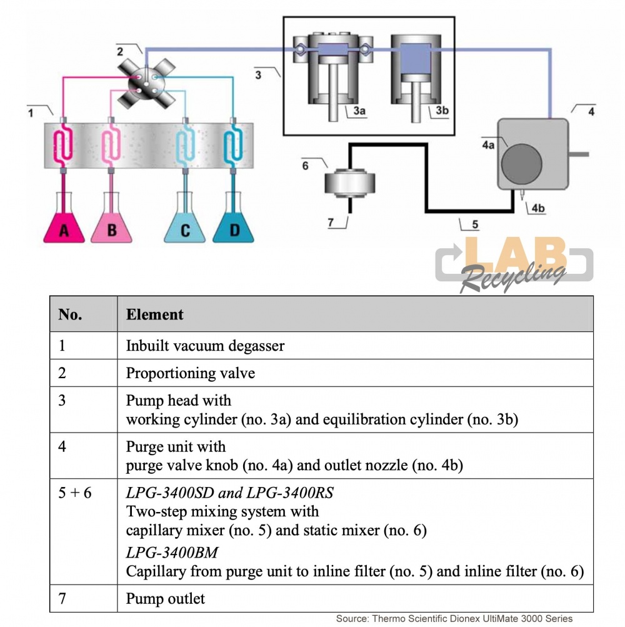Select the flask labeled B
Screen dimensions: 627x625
pos(111,225)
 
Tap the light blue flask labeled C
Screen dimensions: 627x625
pos(185,225)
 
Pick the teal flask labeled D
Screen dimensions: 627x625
pos(234,225)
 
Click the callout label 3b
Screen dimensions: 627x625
pos(442,111)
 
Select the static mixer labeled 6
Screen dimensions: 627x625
pos(350,183)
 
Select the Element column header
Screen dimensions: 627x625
pos(155,314)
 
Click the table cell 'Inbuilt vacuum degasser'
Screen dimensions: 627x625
pos(205,346)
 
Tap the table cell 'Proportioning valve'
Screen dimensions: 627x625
pos(191,373)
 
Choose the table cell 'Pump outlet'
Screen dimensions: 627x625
pos(166,599)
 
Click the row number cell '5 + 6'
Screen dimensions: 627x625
pos(75,493)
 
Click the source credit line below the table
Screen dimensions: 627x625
pos(454,619)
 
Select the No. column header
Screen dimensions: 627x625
pos(70,314)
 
